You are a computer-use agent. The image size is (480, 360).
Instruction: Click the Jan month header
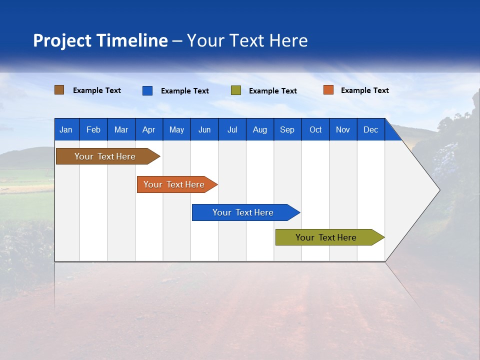point(66,130)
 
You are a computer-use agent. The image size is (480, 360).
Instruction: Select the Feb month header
point(93,130)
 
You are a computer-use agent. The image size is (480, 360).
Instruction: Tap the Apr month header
point(149,130)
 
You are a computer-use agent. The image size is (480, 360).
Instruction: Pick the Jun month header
point(204,130)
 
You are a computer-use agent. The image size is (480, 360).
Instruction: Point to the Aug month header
point(260,130)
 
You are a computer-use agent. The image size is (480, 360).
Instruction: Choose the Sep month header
point(287,130)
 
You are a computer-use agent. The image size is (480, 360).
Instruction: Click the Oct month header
point(315,130)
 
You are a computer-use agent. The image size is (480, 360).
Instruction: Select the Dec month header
point(371,130)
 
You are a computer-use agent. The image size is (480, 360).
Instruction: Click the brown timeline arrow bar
point(105,156)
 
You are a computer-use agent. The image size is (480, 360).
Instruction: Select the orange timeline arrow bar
point(174,184)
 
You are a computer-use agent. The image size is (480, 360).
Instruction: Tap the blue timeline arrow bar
point(243,212)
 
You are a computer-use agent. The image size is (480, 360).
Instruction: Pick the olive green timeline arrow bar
point(326,237)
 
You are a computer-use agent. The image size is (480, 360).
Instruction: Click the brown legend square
point(59,90)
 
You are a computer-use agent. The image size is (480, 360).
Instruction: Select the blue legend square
point(147,90)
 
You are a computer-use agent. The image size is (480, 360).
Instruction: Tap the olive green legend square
point(236,90)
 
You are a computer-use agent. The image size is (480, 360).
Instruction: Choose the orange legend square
point(328,90)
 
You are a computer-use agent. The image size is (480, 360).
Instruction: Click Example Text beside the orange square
point(364,90)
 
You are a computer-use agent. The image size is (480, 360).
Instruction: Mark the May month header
point(176,130)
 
